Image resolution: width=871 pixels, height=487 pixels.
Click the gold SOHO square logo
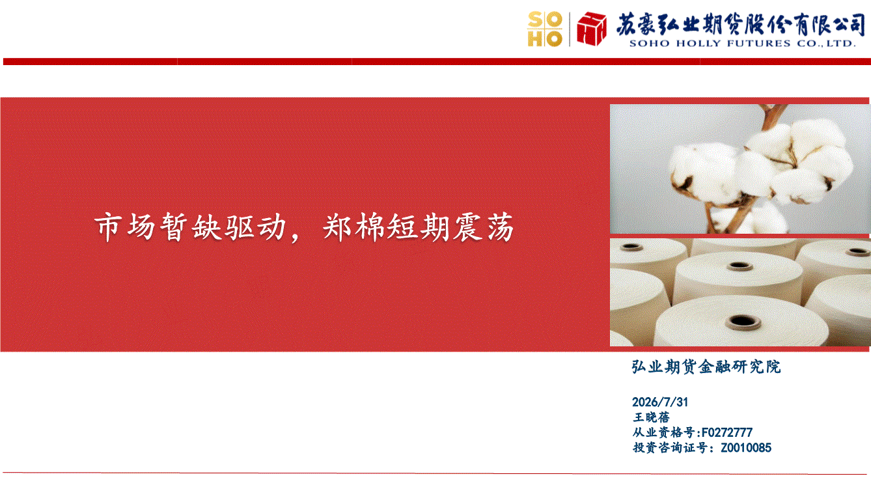[545, 29]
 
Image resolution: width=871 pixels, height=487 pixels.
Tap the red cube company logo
[592, 29]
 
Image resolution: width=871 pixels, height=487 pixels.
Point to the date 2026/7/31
[660, 402]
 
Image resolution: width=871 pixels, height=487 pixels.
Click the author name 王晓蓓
[652, 417]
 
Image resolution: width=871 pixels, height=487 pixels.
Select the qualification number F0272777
[727, 432]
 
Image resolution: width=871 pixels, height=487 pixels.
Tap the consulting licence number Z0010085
[746, 448]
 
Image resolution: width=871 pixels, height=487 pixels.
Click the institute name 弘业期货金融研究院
[706, 367]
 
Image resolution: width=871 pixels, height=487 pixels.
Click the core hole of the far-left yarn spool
[631, 247]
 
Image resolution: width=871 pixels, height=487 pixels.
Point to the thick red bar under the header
[437, 61]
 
